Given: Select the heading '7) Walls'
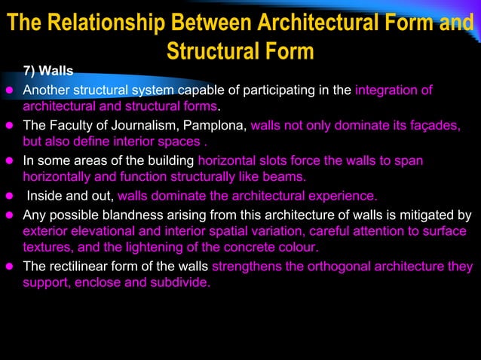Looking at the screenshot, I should (x=48, y=72).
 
